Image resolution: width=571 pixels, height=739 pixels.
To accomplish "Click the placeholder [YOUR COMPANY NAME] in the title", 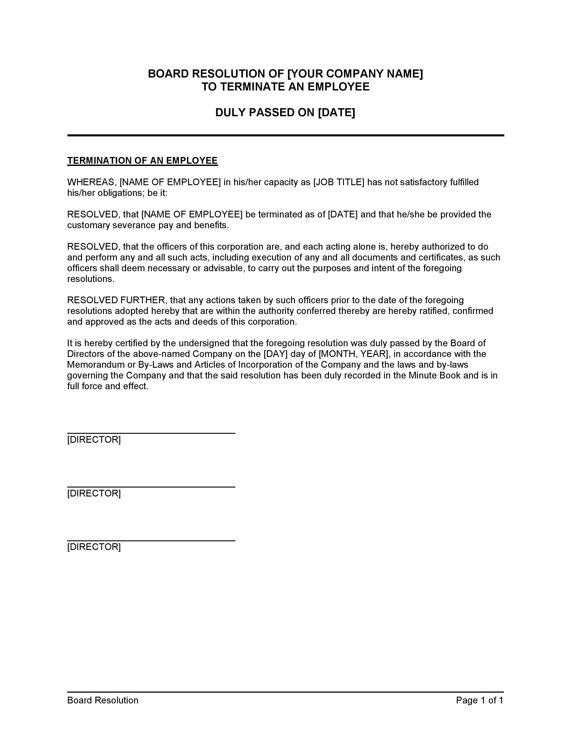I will coord(355,74).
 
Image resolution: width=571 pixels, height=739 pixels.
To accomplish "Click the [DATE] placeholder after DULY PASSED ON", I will coord(337,112).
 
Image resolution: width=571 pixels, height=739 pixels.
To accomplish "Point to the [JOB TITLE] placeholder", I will coord(339,182).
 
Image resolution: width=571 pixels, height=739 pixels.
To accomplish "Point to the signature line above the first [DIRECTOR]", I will coord(151,433).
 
